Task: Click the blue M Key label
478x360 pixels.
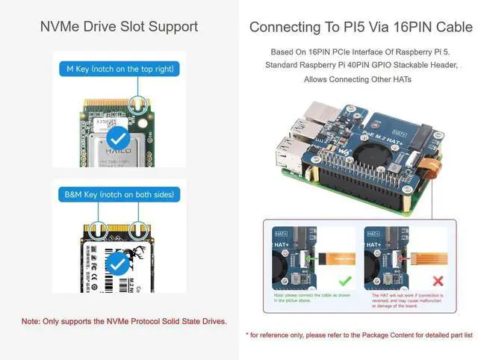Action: [119, 69]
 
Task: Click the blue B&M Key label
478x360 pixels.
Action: [119, 195]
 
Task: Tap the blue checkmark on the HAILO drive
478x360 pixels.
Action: [117, 138]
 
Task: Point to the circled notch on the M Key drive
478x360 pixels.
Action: [137, 102]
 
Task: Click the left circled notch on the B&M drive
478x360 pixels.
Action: [96, 227]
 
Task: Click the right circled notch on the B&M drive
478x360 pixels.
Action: [137, 227]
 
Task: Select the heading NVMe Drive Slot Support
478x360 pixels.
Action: [119, 27]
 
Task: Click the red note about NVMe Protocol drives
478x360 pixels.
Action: [124, 321]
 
